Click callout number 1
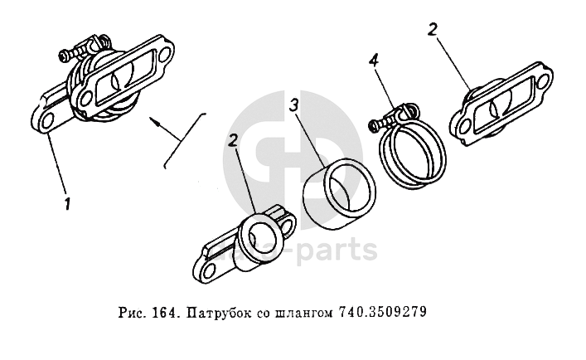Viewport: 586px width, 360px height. tap(67, 202)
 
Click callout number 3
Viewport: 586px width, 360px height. tap(294, 105)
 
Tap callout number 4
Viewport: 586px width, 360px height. tap(374, 60)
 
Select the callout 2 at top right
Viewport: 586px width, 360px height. tap(432, 30)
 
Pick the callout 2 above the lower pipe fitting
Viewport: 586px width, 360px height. tap(232, 141)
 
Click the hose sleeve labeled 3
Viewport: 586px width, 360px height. tap(339, 193)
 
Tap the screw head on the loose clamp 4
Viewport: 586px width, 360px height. tap(373, 124)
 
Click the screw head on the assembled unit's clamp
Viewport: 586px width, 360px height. tap(64, 56)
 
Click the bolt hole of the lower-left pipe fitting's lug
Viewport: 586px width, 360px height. tap(211, 269)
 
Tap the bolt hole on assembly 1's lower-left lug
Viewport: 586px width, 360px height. tap(46, 120)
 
